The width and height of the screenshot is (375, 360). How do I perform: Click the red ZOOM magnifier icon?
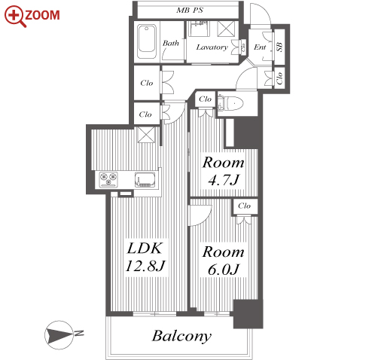[15, 16]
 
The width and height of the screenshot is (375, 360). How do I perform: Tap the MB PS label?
[190, 11]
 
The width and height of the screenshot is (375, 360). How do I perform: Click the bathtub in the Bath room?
[147, 41]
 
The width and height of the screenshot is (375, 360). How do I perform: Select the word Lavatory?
[212, 47]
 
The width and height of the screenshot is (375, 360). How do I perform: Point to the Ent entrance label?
[260, 47]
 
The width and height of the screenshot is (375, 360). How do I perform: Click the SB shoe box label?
[280, 47]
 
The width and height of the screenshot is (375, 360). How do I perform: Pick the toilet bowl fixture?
[231, 103]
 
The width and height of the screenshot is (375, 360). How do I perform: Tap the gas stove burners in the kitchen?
[108, 179]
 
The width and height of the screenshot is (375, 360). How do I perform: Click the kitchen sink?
[145, 179]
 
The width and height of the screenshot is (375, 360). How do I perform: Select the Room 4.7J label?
[223, 171]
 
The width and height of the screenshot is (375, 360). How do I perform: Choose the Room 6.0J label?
[223, 260]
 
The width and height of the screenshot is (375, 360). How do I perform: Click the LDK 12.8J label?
[145, 257]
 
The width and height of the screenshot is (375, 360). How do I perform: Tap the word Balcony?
[181, 336]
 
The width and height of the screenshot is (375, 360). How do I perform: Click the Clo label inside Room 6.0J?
[245, 206]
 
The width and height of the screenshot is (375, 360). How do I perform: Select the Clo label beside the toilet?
[205, 99]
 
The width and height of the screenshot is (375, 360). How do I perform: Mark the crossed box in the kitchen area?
[146, 135]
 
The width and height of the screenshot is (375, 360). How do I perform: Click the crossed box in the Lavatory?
[226, 29]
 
